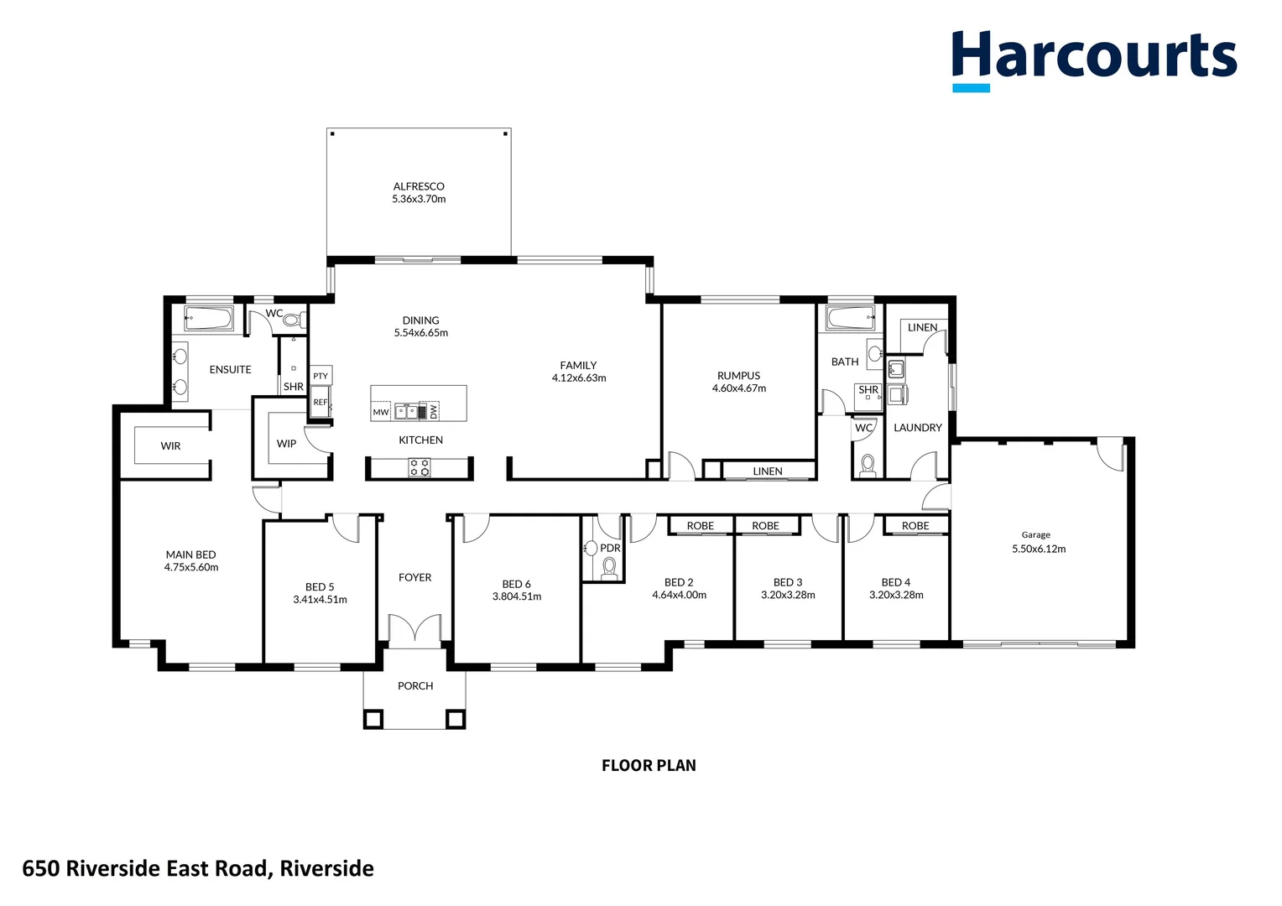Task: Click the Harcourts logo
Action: (x=1093, y=59)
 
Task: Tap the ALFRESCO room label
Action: (x=419, y=186)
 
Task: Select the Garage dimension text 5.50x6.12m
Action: (x=1039, y=549)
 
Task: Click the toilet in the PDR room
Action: (x=610, y=568)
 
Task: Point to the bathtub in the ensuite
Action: (x=208, y=318)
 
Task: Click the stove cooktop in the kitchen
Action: (x=420, y=468)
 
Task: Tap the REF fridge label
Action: (x=320, y=403)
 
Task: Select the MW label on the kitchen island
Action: (x=381, y=412)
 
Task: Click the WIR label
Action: (x=170, y=446)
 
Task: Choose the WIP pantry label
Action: (x=286, y=444)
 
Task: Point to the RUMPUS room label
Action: (x=738, y=376)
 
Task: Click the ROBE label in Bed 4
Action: (x=915, y=526)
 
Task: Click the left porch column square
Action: (x=373, y=719)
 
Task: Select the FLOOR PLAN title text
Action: (x=649, y=765)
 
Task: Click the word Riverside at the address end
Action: (x=327, y=868)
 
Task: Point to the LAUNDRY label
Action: (x=918, y=428)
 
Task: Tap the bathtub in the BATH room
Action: (x=851, y=318)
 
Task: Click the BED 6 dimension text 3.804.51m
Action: (x=517, y=597)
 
